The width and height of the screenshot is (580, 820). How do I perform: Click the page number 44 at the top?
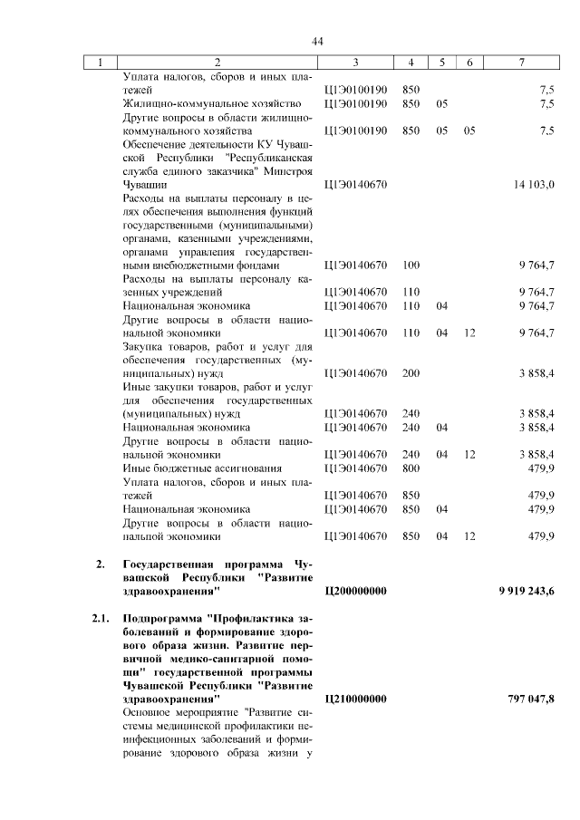point(317,41)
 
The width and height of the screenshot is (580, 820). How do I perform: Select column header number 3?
point(355,62)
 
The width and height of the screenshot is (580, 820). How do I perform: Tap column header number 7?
point(520,62)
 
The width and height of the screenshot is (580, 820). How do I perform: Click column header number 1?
point(101,62)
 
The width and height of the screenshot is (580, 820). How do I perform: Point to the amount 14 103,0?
point(533,184)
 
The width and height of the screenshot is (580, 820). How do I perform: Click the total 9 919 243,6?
point(526,591)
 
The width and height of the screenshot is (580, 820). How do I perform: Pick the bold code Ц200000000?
point(355,591)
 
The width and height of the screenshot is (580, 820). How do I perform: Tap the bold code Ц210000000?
point(355,699)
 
